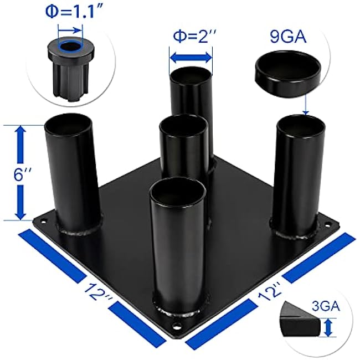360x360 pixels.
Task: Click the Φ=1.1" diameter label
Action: point(69,11)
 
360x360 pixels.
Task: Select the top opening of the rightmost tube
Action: point(301,125)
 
